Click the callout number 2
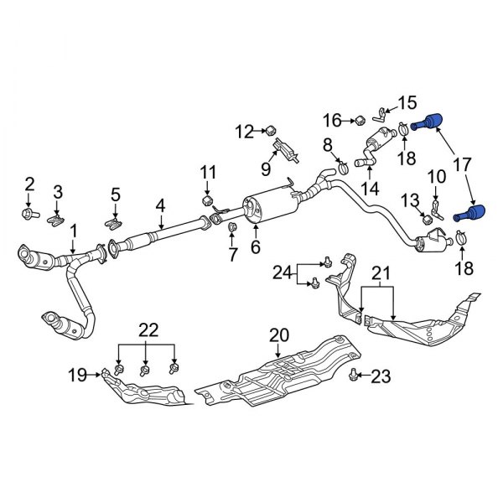29,184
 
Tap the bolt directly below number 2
29,214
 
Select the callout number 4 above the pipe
159,205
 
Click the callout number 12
244,131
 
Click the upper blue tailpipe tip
431,122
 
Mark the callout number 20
277,336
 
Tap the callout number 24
282,271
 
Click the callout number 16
333,120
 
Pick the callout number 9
264,169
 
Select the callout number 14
369,189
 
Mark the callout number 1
73,229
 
